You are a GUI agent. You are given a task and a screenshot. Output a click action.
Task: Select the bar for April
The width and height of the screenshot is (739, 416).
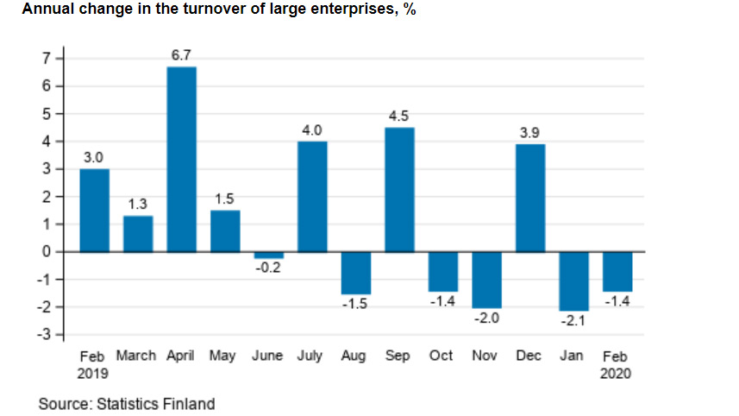click(181, 160)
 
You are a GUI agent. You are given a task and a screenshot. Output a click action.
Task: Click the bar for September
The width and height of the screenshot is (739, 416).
click(399, 190)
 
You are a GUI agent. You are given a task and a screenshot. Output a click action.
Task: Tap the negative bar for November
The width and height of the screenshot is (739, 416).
click(486, 279)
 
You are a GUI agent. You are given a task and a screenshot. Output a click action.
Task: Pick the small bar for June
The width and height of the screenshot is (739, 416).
click(268, 255)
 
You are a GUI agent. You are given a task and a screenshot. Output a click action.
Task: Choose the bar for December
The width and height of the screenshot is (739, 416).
click(530, 198)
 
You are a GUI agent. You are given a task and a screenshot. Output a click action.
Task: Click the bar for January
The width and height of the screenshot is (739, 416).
click(573, 280)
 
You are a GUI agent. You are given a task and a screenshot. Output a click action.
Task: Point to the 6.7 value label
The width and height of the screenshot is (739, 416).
click(181, 55)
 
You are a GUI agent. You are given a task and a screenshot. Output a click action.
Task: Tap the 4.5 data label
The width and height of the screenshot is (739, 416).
click(399, 117)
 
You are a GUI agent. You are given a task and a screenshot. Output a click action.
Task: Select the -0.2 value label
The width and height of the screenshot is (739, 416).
click(268, 268)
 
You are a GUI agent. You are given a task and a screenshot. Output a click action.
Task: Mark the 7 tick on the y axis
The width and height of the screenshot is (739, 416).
click(48, 59)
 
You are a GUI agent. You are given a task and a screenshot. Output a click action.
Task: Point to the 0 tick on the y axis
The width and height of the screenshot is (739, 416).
click(48, 252)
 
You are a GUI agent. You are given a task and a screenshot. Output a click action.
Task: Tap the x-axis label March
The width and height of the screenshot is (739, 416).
click(136, 356)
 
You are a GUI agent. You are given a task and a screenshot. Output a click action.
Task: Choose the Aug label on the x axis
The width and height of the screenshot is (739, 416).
click(354, 356)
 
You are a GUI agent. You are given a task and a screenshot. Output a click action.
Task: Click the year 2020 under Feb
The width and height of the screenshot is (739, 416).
click(617, 374)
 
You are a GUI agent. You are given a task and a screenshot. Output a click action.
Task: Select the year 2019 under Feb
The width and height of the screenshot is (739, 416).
click(94, 374)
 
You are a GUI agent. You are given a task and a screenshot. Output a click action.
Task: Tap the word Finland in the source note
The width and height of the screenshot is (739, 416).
click(190, 404)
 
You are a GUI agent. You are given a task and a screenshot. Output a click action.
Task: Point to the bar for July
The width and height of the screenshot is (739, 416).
click(312, 197)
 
